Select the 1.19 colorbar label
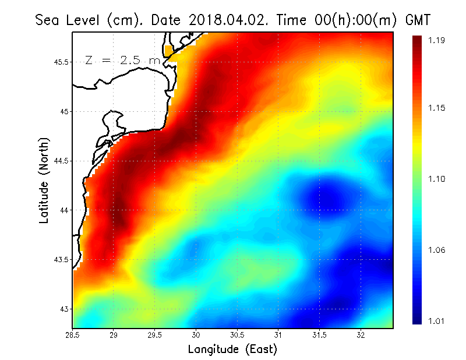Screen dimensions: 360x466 pyautogui.click(x=436, y=40)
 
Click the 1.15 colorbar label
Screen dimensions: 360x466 pyautogui.click(x=436, y=108)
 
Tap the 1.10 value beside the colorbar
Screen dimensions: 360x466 pyautogui.click(x=436, y=179)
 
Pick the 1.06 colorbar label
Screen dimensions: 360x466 pyautogui.click(x=436, y=250)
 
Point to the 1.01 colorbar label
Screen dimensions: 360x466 pyautogui.click(x=436, y=320)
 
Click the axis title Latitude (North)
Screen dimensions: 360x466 pyautogui.click(x=44, y=180)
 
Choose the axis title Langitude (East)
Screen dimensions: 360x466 pyautogui.click(x=232, y=350)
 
